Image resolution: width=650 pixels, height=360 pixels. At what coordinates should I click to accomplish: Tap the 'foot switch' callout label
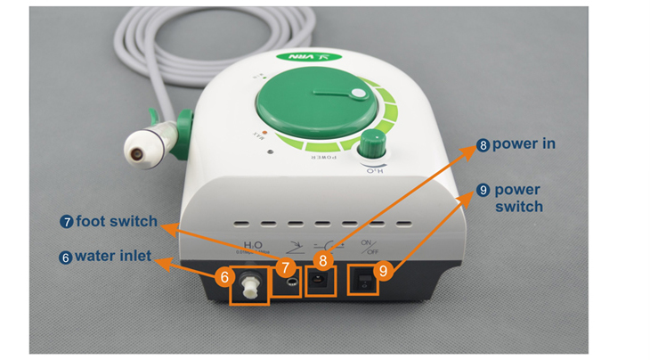116,221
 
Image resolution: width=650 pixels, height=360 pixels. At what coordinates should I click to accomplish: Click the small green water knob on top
373,143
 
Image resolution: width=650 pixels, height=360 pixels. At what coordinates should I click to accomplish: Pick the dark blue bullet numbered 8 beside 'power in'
483,143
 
